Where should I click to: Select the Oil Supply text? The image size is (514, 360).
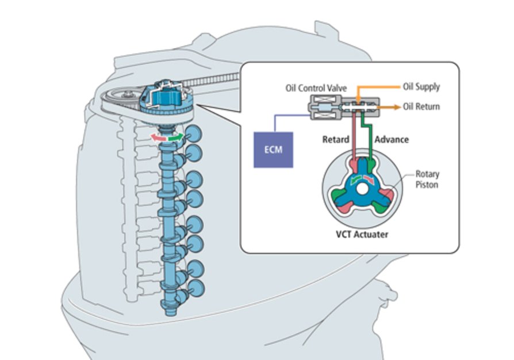pos(421,87)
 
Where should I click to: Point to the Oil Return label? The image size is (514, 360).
pos(421,107)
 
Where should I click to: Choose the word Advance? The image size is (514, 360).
pos(392,139)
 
